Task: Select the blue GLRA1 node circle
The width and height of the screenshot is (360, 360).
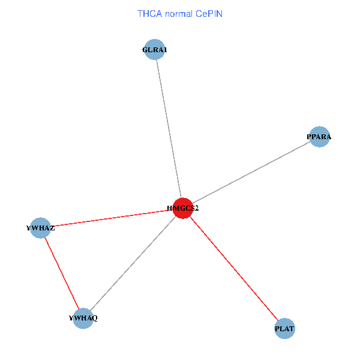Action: point(155,50)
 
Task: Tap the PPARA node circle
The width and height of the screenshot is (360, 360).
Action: point(319,137)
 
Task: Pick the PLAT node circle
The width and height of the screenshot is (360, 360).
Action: point(285,329)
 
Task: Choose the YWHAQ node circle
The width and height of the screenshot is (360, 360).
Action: point(83,317)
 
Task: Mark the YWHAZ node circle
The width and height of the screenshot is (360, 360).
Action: point(40,228)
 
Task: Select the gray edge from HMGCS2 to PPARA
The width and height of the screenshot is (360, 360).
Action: point(252,172)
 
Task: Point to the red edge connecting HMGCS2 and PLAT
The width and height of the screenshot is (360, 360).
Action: point(234,268)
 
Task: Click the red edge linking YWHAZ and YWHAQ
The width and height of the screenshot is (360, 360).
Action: point(61,272)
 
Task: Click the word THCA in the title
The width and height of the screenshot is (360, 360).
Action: point(149,13)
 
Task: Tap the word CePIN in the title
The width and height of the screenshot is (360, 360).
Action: point(209,13)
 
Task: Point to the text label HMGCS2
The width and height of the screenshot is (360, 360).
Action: point(183,208)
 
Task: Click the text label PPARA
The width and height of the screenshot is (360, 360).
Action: point(319,137)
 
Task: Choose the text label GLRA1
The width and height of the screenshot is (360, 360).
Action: point(155,50)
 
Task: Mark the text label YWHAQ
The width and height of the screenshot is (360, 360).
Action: point(83,318)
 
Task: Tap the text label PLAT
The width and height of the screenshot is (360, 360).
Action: point(285,329)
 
